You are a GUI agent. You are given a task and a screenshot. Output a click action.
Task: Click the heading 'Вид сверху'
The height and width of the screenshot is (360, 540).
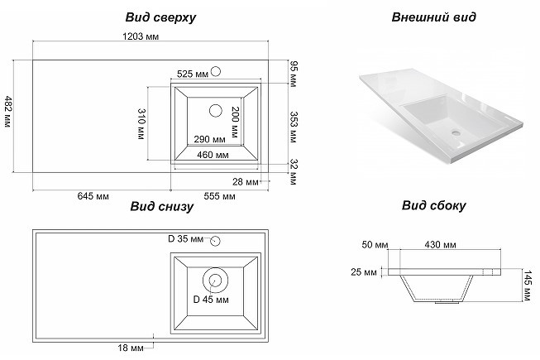pyautogui.click(x=160, y=17)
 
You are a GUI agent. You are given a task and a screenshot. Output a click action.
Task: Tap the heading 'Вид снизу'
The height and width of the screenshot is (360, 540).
pyautogui.click(x=160, y=207)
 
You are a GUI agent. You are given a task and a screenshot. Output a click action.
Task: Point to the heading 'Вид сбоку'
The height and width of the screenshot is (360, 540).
pyautogui.click(x=434, y=206)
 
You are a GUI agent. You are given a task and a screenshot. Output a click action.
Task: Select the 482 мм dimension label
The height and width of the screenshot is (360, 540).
pyautogui.click(x=8, y=113)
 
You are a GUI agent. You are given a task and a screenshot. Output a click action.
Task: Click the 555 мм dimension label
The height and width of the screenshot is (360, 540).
pyautogui.click(x=218, y=196)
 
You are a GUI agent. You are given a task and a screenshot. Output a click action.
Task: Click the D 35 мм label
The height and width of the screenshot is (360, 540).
pyautogui.click(x=184, y=239)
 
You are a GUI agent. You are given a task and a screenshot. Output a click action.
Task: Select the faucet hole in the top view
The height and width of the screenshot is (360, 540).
pyautogui.click(x=214, y=71)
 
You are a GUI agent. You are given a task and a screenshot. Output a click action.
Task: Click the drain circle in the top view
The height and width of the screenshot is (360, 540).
pyautogui.click(x=217, y=109)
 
